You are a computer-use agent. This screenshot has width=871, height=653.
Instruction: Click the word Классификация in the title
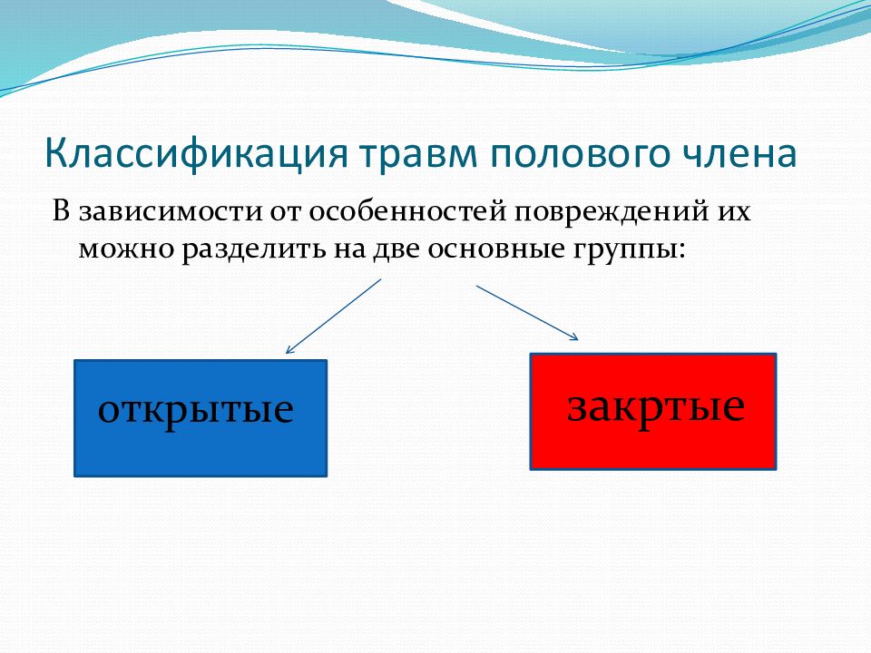(196, 154)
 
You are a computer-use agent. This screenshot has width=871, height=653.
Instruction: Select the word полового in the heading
(580, 155)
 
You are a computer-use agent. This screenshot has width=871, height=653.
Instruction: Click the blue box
(201, 418)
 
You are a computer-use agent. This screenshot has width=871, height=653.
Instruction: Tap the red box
(653, 412)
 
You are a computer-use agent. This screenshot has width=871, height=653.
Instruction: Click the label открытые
(196, 410)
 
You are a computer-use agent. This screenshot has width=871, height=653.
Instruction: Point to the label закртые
(656, 407)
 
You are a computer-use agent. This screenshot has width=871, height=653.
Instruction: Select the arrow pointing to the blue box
(333, 316)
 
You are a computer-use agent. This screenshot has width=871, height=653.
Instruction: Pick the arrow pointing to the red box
(527, 313)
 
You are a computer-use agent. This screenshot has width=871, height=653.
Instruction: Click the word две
(396, 249)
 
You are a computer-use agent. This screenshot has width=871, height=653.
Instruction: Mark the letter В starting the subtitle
(61, 211)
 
